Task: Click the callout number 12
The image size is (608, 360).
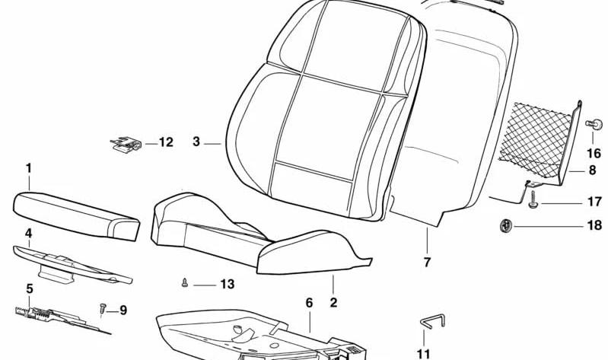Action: (166, 142)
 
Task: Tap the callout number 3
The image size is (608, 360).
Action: (196, 142)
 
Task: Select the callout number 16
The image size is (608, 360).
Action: (594, 153)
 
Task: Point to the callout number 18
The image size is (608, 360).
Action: (594, 225)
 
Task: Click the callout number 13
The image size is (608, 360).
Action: (228, 285)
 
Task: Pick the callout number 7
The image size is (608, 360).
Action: (427, 263)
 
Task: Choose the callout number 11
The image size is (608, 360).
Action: (423, 354)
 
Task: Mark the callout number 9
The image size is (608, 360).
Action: (123, 311)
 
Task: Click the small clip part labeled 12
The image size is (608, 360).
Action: (126, 144)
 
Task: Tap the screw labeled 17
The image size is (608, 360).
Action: (533, 199)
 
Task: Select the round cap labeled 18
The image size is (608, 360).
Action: (505, 225)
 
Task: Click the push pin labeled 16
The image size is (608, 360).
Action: (594, 125)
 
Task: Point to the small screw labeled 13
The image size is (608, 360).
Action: (185, 283)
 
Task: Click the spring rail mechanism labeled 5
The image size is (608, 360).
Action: (62, 319)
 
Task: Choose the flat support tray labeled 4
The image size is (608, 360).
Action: (72, 264)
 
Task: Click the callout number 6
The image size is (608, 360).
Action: (309, 303)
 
